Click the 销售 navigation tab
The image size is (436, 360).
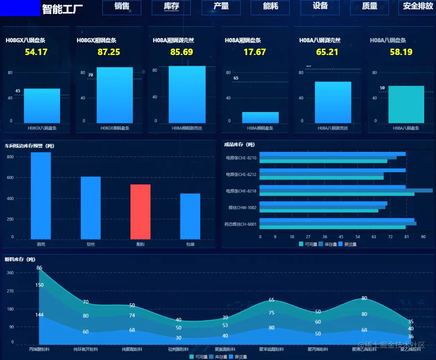(x=122, y=7)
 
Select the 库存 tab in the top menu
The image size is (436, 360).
(x=171, y=7)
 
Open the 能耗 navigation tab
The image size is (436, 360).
(x=270, y=7)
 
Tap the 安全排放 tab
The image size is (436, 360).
(x=417, y=7)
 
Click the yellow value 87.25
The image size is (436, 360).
(x=109, y=52)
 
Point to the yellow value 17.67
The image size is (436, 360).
(x=255, y=52)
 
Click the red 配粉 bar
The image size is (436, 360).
(x=140, y=212)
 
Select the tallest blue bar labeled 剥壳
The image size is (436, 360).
(x=41, y=195)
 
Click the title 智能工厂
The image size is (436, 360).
(x=63, y=8)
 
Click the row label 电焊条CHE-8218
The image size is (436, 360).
(x=241, y=191)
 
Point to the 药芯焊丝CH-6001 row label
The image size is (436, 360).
(x=240, y=224)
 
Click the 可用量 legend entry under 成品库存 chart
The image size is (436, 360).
(x=307, y=244)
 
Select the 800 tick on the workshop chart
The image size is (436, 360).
(x=10, y=157)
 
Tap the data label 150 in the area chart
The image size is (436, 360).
(x=39, y=285)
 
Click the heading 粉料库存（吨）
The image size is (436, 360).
(x=20, y=259)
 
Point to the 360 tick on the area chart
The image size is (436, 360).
(x=10, y=273)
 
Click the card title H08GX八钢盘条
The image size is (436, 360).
(x=25, y=41)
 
